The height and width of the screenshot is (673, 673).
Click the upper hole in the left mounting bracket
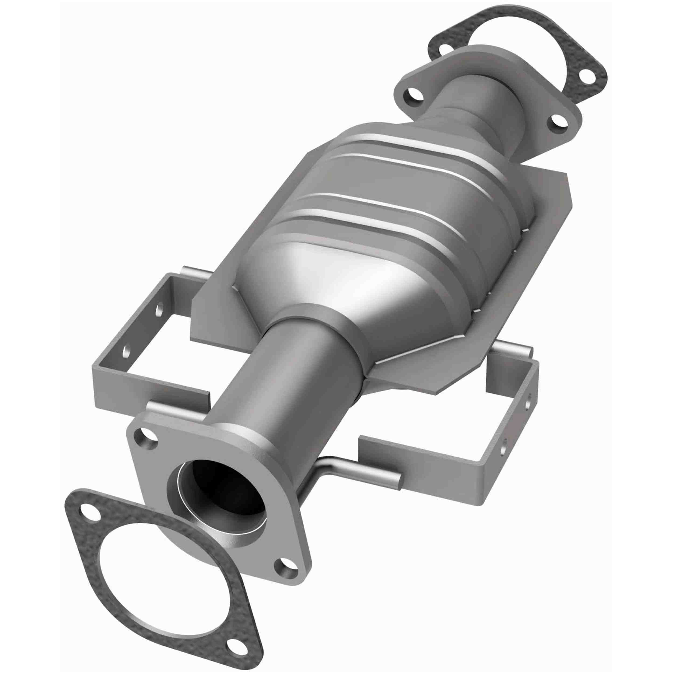[x=160, y=309]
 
